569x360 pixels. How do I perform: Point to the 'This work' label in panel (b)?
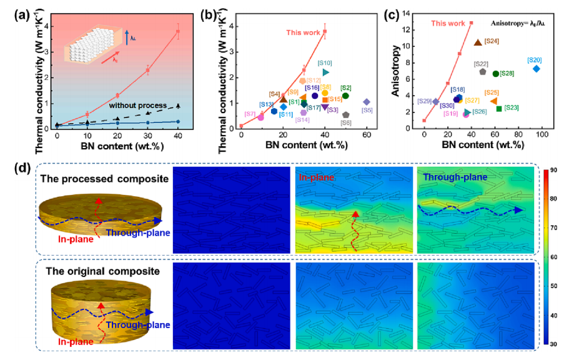(x=302, y=32)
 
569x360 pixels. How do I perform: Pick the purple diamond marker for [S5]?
(x=367, y=101)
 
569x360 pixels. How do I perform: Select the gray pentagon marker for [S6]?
(x=345, y=115)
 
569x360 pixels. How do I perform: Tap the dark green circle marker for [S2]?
(x=345, y=96)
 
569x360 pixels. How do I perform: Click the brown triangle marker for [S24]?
(x=478, y=42)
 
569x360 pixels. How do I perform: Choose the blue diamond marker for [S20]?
(x=536, y=69)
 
